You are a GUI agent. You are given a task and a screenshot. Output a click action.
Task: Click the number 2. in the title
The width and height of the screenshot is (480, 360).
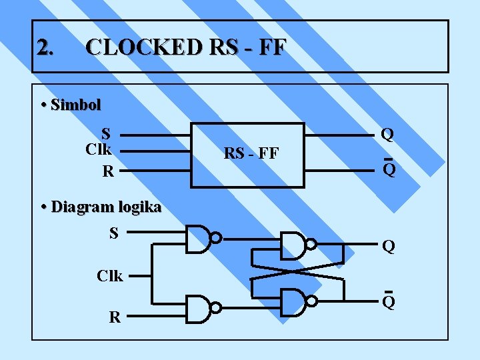[x=45, y=47]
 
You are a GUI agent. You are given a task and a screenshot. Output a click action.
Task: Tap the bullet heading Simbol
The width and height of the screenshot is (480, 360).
[x=75, y=105]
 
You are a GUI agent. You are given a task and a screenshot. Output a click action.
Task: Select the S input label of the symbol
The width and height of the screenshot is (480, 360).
[x=105, y=133]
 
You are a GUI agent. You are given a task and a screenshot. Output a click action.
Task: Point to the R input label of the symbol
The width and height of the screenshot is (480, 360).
[x=107, y=171]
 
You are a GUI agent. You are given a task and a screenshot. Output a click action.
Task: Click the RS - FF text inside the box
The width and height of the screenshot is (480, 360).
[x=251, y=154]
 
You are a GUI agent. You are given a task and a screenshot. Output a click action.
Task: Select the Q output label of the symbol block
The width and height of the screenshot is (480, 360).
[x=387, y=135]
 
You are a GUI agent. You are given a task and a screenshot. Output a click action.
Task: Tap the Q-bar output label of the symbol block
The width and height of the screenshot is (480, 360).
[x=389, y=169]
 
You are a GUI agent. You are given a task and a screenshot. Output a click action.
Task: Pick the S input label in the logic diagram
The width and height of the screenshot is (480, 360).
[x=113, y=233]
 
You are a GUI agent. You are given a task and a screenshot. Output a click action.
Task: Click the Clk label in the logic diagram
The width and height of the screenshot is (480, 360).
[x=109, y=275]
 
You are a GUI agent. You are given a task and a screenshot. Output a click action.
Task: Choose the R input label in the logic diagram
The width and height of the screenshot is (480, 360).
[x=115, y=317]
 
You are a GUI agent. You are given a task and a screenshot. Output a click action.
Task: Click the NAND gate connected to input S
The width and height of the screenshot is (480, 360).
[x=201, y=238]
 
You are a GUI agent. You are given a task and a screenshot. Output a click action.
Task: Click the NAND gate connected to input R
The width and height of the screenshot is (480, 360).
[x=201, y=309]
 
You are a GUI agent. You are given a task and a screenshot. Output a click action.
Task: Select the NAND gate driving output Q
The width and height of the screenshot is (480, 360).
[x=295, y=245]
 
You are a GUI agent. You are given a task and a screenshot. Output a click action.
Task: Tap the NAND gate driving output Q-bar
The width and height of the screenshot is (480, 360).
[x=295, y=301]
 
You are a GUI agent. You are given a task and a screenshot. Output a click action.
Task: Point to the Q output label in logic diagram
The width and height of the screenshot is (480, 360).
[x=389, y=247]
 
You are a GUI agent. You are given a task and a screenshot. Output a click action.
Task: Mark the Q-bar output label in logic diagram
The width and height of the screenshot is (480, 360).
[x=389, y=302]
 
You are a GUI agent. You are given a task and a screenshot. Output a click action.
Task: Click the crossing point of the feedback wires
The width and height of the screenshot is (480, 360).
[x=298, y=273]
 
